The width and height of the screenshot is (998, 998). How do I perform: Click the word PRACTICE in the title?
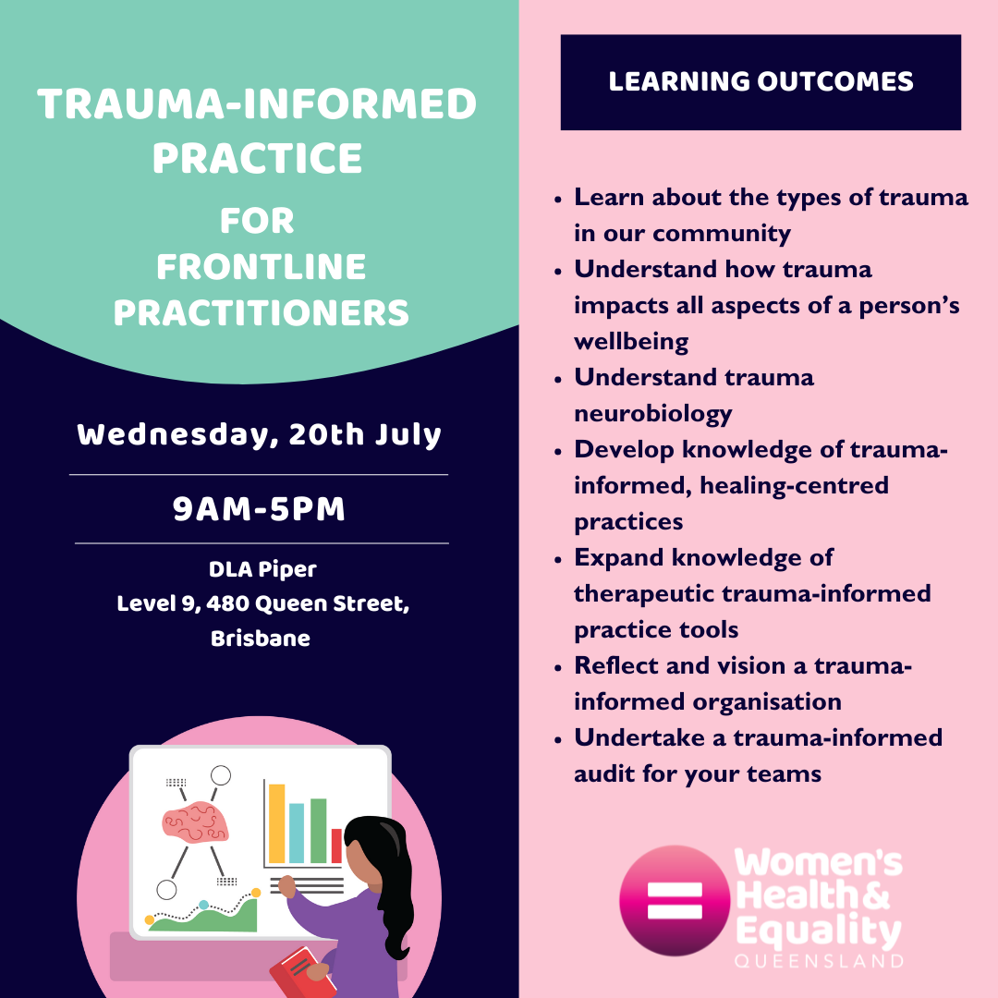click(257, 158)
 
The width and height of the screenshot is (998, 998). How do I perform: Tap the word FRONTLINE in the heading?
click(261, 267)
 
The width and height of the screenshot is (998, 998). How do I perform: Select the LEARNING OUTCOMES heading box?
click(761, 82)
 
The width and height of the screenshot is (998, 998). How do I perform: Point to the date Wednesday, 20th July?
click(259, 435)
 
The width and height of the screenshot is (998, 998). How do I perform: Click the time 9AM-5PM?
click(259, 509)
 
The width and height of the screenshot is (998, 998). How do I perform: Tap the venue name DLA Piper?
click(262, 569)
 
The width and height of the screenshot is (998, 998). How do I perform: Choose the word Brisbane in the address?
click(261, 639)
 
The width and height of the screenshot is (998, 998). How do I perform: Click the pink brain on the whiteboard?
click(195, 822)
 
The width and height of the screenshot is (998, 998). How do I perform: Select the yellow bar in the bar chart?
click(277, 823)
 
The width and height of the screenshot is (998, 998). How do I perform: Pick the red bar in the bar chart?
click(336, 846)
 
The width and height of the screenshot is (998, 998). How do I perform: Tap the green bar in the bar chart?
click(318, 831)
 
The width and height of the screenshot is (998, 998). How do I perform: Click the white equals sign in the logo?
click(675, 901)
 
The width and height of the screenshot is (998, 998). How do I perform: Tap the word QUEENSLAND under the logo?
click(819, 961)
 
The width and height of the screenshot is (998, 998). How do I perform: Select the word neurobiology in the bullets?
click(653, 414)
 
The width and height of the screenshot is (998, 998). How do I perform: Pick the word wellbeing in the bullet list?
click(631, 343)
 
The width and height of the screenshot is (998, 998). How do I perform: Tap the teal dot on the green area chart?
click(203, 905)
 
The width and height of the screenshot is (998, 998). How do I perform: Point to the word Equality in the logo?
click(819, 931)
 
